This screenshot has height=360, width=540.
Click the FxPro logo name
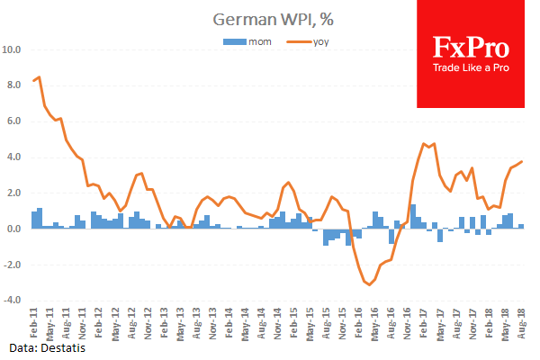(471, 46)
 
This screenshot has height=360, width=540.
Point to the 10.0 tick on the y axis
(16, 49)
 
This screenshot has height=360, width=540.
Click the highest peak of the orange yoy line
(39, 77)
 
